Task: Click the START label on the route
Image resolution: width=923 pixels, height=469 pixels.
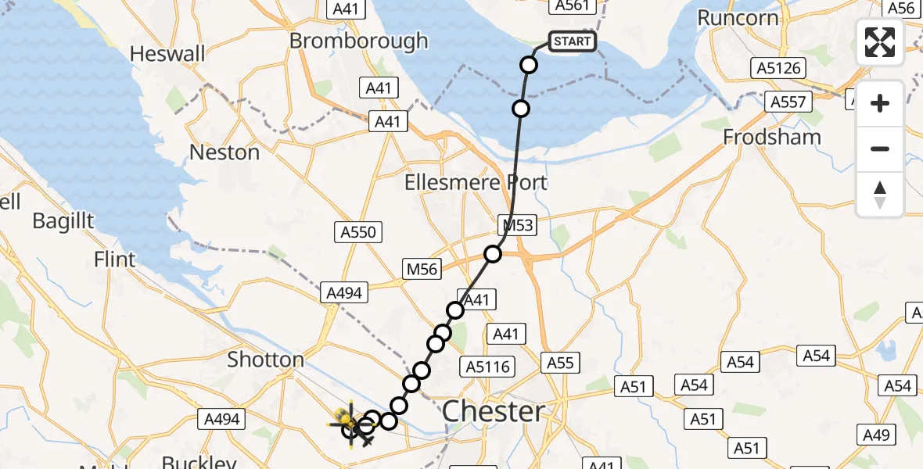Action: pos(573,41)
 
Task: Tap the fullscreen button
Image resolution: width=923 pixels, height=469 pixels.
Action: pos(880,42)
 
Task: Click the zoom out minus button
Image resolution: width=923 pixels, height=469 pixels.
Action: pos(880,149)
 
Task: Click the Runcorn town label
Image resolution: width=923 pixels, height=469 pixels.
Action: pos(738,18)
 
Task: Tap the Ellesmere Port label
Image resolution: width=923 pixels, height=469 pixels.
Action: pos(476,183)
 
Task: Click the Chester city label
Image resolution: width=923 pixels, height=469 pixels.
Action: pos(493,411)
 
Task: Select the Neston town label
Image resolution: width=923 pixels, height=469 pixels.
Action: pos(224,152)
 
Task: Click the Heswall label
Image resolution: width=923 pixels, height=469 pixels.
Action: pos(167,54)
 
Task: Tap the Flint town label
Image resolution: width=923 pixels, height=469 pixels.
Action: pos(114,259)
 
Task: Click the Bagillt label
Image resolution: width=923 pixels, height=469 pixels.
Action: pos(63,221)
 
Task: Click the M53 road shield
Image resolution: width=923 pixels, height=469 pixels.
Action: pos(518,226)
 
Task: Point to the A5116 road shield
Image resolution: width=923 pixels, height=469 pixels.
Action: pos(487,366)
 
